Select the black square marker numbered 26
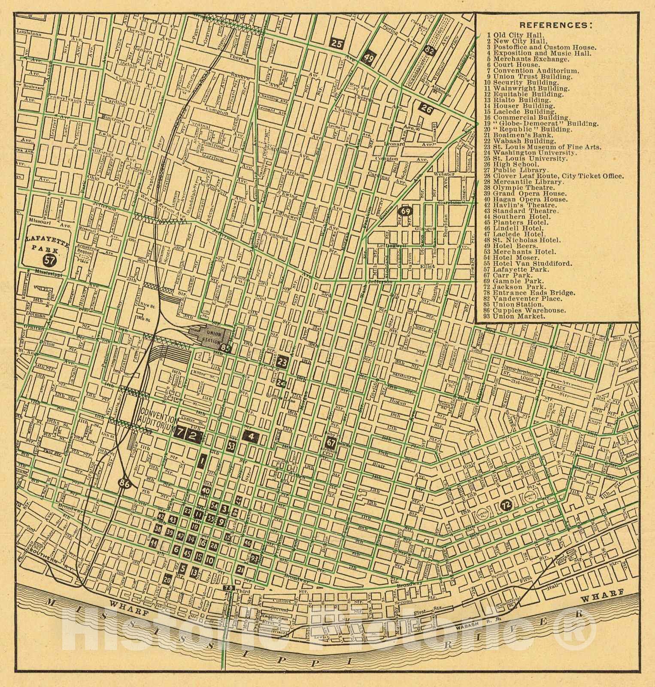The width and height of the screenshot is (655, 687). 426,109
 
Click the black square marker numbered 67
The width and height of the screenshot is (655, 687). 331,442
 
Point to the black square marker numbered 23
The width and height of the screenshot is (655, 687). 282,362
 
